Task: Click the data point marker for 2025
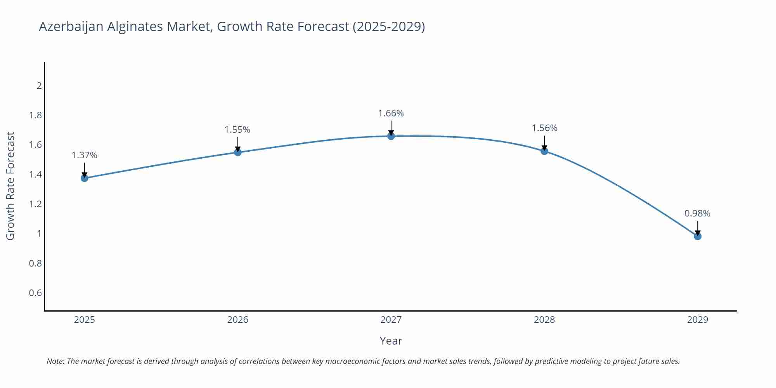(85, 178)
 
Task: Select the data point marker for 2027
(391, 136)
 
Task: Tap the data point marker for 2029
(698, 236)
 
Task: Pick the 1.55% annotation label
(237, 130)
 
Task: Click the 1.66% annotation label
(391, 113)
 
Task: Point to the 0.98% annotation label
(697, 213)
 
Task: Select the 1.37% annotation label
(85, 155)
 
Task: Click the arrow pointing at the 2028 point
(544, 143)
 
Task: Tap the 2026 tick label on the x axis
(237, 320)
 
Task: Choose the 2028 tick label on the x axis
(544, 320)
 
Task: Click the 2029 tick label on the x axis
(698, 320)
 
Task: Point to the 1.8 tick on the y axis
(35, 115)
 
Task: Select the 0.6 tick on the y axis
(35, 293)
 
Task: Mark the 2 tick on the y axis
(39, 86)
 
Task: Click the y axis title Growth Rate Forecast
(10, 186)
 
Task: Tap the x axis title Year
(391, 341)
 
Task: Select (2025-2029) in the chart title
(389, 26)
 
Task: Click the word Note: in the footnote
(56, 361)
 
